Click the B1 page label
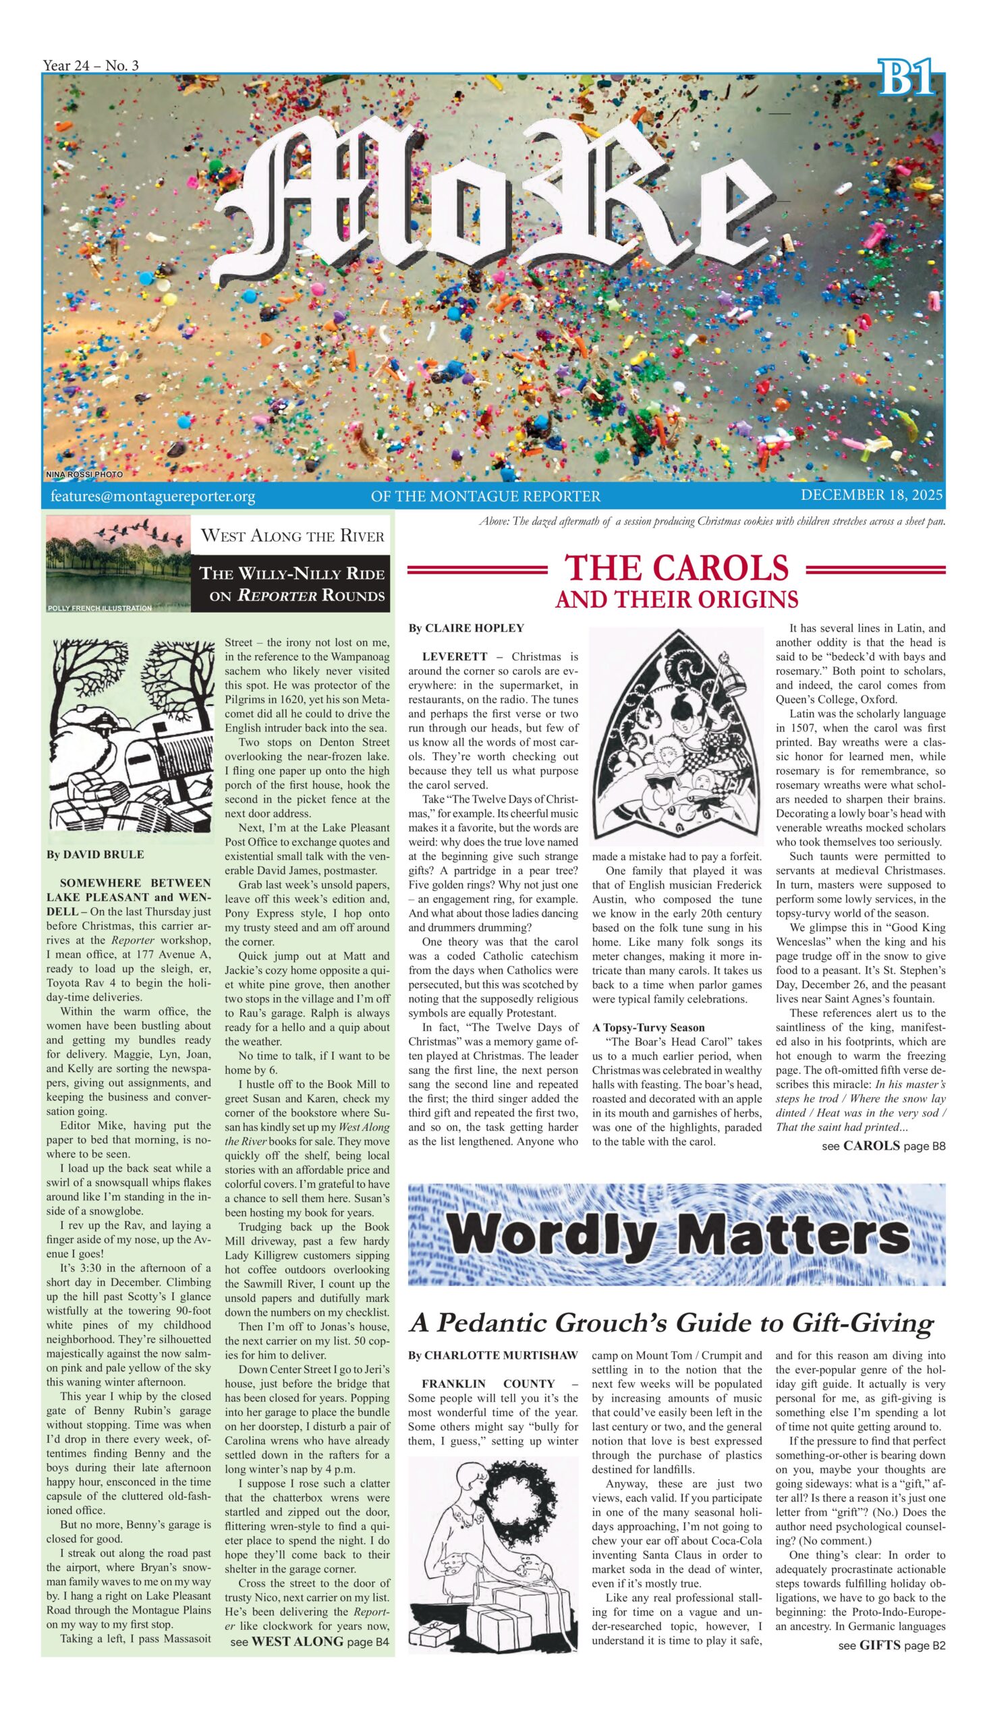click(x=907, y=77)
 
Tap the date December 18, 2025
click(x=871, y=494)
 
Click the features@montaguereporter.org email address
click(x=152, y=497)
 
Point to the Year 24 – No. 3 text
click(x=90, y=65)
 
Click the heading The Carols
click(x=677, y=568)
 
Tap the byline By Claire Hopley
click(x=466, y=628)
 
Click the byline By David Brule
click(x=95, y=855)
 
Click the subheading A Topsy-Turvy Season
click(x=648, y=1027)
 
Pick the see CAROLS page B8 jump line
click(x=883, y=1146)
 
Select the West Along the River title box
click(x=293, y=536)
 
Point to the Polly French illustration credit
click(x=99, y=608)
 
